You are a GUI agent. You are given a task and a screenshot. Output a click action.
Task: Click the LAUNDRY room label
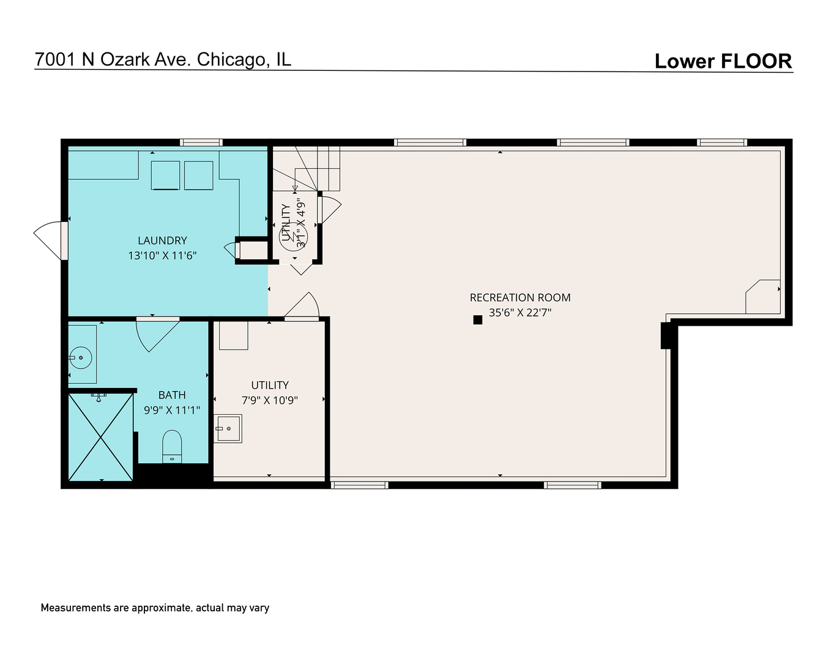click(x=162, y=241)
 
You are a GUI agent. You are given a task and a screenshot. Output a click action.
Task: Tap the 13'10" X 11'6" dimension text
click(x=162, y=255)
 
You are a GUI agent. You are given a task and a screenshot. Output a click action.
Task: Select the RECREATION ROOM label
click(x=520, y=298)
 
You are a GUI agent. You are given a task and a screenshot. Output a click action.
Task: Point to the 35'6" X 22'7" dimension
click(x=520, y=312)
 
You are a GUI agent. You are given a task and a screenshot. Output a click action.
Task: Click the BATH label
click(x=172, y=395)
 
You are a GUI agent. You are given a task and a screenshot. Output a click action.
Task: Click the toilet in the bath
click(x=172, y=446)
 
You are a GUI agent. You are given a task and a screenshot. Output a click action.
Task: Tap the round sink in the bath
click(x=80, y=358)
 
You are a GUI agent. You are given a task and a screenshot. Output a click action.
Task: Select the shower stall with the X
click(x=100, y=437)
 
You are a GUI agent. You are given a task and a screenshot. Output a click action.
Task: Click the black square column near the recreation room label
click(x=478, y=319)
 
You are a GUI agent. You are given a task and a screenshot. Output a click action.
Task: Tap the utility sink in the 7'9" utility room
click(x=229, y=428)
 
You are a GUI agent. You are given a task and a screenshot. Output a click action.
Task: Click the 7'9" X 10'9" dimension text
click(x=270, y=400)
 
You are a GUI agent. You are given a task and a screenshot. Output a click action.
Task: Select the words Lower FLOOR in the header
click(x=723, y=61)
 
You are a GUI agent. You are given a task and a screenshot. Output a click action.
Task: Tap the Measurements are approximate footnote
click(x=155, y=608)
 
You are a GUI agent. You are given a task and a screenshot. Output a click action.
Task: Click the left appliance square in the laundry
click(x=165, y=175)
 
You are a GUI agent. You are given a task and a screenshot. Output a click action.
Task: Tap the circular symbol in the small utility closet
click(x=294, y=235)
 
